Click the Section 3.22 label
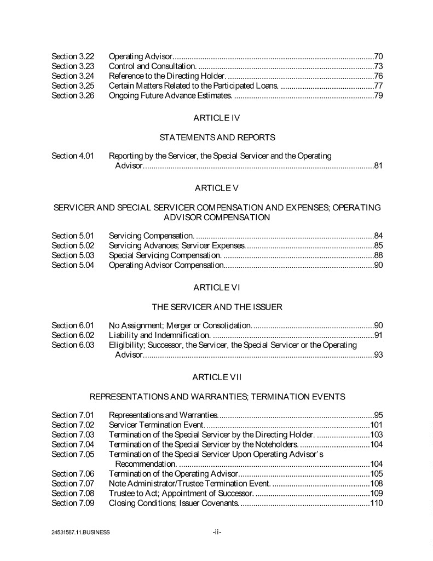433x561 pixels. point(73,56)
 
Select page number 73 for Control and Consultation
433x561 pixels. point(378,66)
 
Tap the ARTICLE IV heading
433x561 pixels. point(216,117)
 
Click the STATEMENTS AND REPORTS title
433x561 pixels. point(217,137)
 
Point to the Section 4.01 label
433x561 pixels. point(73,156)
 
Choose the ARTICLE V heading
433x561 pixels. point(216,188)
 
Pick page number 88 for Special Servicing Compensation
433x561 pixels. point(378,255)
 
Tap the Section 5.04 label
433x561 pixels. point(73,265)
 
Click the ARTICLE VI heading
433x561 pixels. point(216,287)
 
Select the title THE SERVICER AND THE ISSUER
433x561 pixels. point(217,307)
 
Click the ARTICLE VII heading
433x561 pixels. point(216,377)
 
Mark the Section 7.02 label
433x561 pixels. point(73,425)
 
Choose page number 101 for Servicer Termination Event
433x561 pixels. point(376,425)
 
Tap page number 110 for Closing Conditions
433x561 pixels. point(376,503)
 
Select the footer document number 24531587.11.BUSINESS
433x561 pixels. point(80,532)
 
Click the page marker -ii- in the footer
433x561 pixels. point(216,531)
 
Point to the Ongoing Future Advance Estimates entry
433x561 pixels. point(171,95)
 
